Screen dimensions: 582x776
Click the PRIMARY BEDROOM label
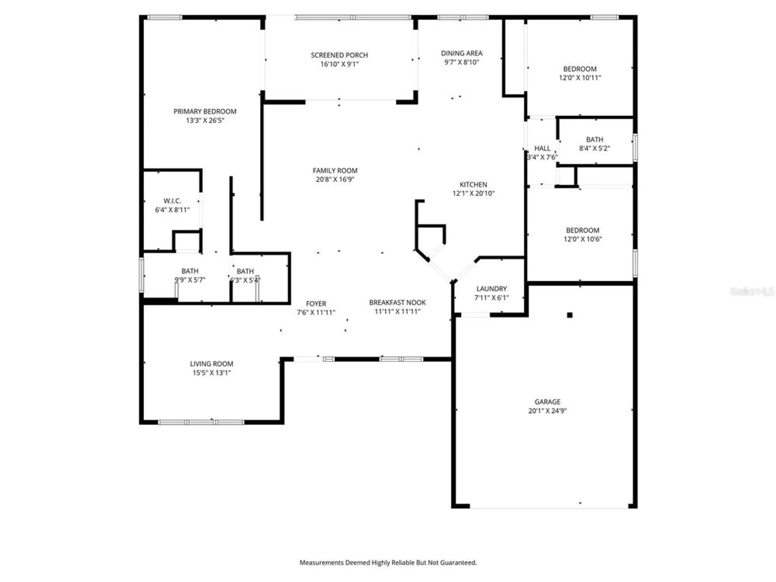(x=204, y=111)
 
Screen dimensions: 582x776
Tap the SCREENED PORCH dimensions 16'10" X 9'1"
(x=339, y=64)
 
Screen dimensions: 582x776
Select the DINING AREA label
(x=461, y=53)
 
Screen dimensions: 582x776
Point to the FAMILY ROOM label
(x=335, y=170)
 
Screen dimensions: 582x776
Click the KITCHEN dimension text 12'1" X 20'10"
(x=473, y=193)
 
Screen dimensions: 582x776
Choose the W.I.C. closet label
(x=172, y=201)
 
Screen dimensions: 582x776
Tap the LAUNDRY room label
(x=491, y=289)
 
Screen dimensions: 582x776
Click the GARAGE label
(x=547, y=402)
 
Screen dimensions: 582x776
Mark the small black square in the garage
(x=570, y=315)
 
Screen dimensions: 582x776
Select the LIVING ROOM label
(x=211, y=364)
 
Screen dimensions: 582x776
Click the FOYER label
(x=316, y=303)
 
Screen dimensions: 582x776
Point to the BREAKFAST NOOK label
(x=397, y=302)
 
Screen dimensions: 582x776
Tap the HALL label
(x=542, y=148)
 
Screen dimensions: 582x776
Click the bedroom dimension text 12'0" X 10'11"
(x=580, y=78)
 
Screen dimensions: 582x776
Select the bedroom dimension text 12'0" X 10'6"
(x=582, y=239)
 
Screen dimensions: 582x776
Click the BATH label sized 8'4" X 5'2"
(x=594, y=139)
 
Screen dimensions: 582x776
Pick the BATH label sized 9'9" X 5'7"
(x=190, y=271)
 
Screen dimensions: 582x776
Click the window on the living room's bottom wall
(x=201, y=422)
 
